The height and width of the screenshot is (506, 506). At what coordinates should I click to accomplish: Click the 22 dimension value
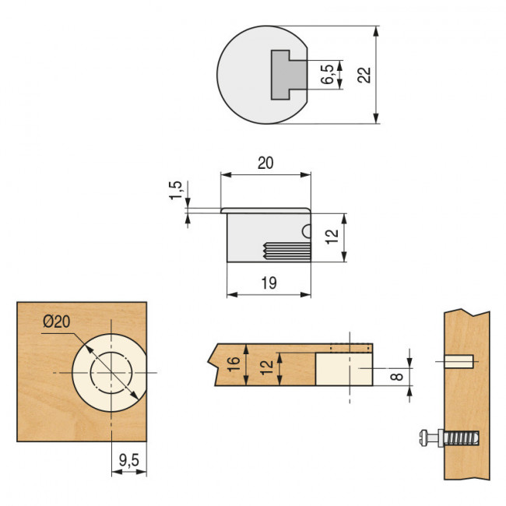coord(364,75)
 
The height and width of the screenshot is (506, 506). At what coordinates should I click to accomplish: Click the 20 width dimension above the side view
coord(265,163)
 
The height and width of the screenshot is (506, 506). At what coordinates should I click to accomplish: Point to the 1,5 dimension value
coord(176,191)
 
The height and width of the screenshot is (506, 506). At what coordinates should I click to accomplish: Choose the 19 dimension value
coord(269,283)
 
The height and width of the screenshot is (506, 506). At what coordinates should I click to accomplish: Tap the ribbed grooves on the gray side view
coord(285,251)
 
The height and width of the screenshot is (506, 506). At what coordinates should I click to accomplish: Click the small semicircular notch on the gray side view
coord(307,231)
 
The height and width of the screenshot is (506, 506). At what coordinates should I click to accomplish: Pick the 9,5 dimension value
coord(128,461)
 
